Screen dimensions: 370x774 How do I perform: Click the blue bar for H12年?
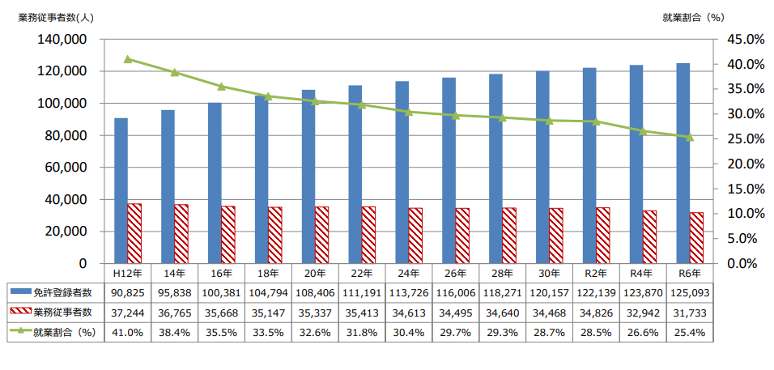[121, 190]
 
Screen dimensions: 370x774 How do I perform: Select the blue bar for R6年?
[683, 162]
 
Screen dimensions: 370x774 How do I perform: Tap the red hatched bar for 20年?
[322, 235]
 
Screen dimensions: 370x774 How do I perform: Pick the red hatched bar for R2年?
[603, 235]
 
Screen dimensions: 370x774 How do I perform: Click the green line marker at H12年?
[128, 59]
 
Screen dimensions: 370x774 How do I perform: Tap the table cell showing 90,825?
[128, 291]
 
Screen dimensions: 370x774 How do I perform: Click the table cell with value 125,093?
[689, 291]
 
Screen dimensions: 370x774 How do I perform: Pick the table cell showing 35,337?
[315, 312]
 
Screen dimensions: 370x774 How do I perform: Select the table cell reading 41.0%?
[128, 332]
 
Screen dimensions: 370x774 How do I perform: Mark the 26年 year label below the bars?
[456, 273]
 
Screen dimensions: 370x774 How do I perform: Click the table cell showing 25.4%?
[689, 332]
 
